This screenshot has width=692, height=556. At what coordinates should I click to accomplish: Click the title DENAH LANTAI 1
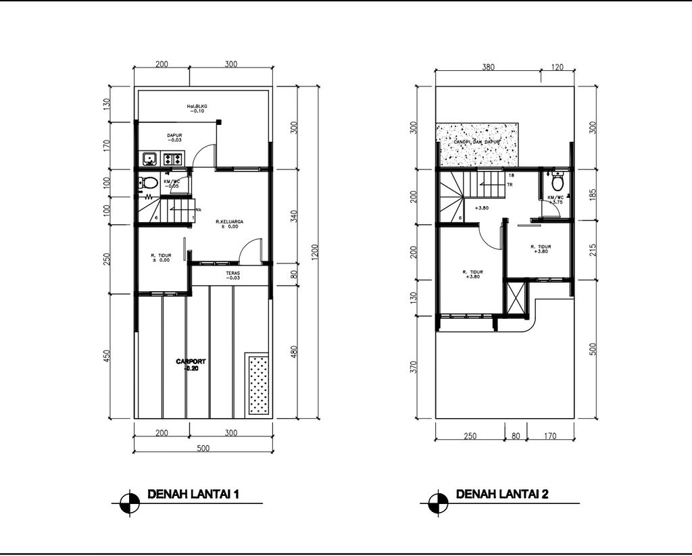(x=194, y=495)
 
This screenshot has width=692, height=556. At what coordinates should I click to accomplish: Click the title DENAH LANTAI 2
(x=502, y=495)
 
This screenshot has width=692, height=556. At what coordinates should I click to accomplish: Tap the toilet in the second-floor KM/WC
(x=558, y=182)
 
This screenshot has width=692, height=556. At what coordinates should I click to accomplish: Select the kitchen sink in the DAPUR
(x=149, y=159)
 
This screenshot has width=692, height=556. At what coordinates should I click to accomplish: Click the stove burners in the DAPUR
(x=172, y=159)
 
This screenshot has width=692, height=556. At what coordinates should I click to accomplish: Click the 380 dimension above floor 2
(x=488, y=67)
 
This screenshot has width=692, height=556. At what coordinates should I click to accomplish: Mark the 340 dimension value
(x=293, y=216)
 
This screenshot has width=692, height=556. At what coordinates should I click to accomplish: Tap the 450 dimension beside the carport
(x=106, y=357)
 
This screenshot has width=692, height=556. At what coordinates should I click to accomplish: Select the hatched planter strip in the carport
(x=257, y=384)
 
